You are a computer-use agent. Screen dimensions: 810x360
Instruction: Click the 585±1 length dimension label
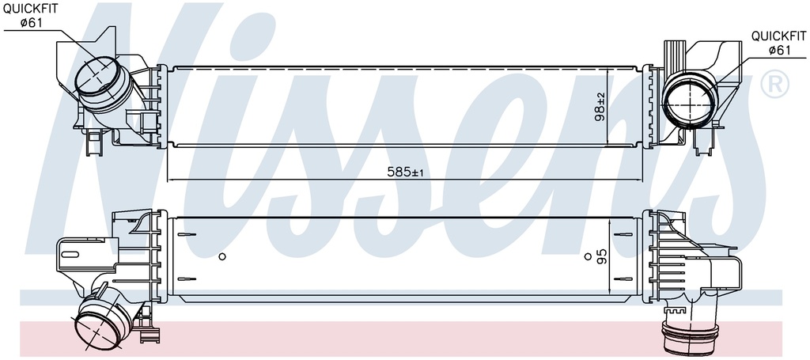pos(405,172)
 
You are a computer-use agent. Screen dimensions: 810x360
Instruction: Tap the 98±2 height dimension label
pos(601,106)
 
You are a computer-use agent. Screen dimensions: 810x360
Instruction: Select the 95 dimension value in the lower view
pos(601,256)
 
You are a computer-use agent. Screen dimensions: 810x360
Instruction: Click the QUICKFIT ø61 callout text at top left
pos(31,16)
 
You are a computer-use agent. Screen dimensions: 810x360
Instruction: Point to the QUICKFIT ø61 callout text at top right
pos(778,43)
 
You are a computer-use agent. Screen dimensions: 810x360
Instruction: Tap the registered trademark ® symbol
pos(775,84)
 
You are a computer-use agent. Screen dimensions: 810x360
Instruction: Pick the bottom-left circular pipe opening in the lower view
pos(97,325)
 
